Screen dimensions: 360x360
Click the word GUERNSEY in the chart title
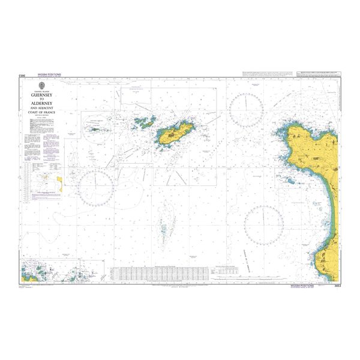click(46, 95)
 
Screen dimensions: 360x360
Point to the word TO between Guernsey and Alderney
click(46, 99)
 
